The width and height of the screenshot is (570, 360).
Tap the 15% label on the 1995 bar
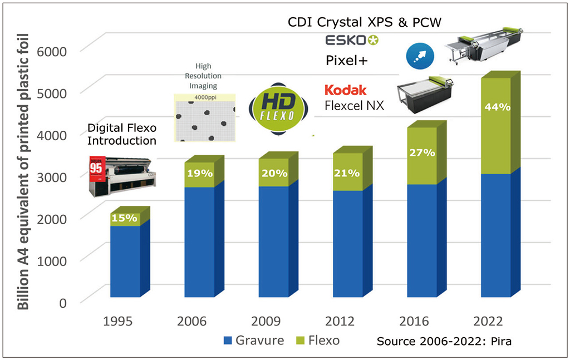124,218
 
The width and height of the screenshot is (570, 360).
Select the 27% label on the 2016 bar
422,152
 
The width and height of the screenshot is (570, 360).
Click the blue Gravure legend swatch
228,340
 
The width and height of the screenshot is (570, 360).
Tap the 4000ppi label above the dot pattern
204,98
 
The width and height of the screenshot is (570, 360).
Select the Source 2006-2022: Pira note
444,341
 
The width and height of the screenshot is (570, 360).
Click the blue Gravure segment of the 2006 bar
199,242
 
